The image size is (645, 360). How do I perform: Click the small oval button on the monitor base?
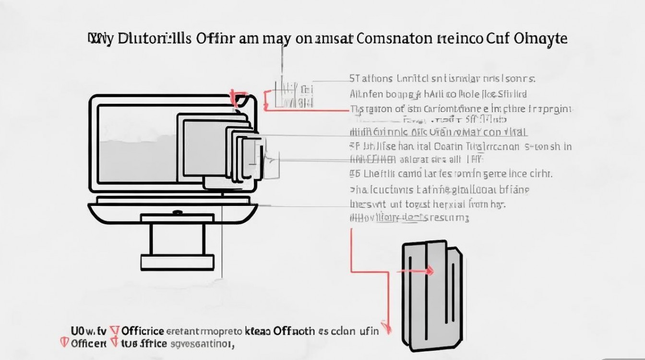coord(177,212)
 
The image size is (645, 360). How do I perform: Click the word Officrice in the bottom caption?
coord(143,331)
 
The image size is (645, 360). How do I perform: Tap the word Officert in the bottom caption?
coord(89,344)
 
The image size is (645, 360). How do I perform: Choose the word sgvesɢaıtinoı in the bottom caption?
coord(202,344)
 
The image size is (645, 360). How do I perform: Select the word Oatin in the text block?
coord(449,146)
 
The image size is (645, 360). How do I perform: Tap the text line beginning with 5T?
coord(442,78)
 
